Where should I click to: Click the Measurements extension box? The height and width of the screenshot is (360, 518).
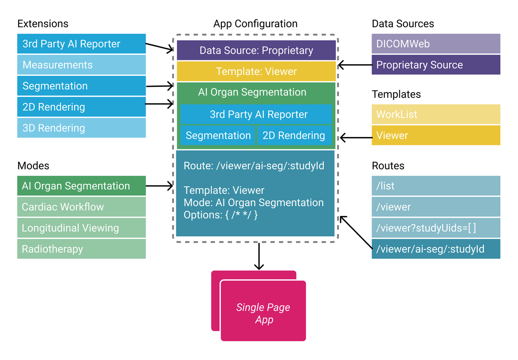click(81, 65)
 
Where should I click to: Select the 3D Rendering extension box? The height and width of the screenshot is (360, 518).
click(81, 128)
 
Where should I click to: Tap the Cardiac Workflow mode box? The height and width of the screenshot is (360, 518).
click(81, 207)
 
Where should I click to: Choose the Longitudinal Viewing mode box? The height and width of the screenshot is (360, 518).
click(81, 228)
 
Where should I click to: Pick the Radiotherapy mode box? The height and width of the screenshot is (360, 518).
click(81, 249)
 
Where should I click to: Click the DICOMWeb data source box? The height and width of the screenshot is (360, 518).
click(436, 44)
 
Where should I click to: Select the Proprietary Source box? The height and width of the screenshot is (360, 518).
click(436, 65)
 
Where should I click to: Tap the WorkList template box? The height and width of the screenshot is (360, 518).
click(436, 114)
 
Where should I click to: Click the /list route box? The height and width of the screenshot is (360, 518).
click(436, 186)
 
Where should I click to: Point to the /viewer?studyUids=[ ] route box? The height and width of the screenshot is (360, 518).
click(436, 228)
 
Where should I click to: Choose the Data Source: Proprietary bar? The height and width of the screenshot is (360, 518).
click(256, 50)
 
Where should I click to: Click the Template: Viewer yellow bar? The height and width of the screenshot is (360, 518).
click(256, 72)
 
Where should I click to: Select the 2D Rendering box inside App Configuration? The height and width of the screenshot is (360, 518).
click(294, 136)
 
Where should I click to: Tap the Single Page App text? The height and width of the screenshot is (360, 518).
click(263, 313)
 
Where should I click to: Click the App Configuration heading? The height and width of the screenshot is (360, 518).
click(255, 23)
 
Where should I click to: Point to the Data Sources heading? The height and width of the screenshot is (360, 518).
click(403, 23)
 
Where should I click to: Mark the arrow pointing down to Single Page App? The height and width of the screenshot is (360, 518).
click(259, 256)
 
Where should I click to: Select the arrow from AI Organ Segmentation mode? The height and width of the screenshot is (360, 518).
click(159, 186)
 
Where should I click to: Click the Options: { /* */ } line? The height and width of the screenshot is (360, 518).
click(221, 215)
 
